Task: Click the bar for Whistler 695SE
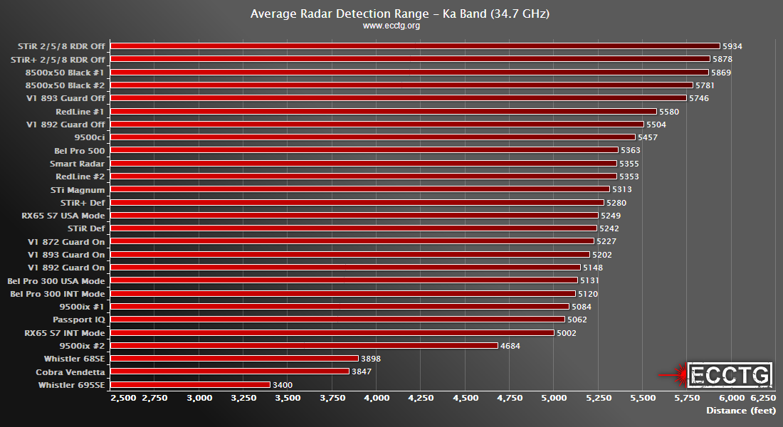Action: (x=190, y=385)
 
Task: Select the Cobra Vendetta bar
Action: (x=229, y=371)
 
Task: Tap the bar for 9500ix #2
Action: (x=304, y=346)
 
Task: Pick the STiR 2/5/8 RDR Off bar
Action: (x=415, y=46)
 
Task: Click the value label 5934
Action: (x=732, y=46)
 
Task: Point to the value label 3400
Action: (x=283, y=385)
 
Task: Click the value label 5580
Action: (x=669, y=112)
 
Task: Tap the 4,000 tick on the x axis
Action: (x=377, y=398)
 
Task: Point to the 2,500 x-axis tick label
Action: (x=123, y=398)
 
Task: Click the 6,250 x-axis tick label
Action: (x=764, y=398)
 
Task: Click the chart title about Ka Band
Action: (x=391, y=14)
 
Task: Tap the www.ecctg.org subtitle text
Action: (x=391, y=26)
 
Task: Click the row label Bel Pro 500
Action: (x=79, y=151)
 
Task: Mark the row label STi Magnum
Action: (x=78, y=190)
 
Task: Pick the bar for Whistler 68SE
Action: (x=234, y=359)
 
